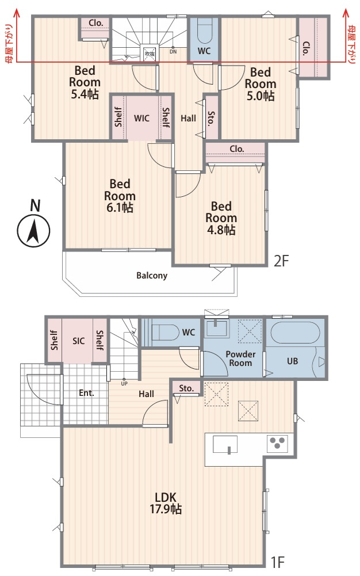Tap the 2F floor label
pos(282,261)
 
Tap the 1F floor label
pos(278,562)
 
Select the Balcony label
pos(152,276)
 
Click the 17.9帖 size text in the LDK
pos(166,509)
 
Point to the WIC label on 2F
pos(141,119)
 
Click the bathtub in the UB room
pos(295,333)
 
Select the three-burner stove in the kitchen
pos(277,444)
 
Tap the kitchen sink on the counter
pos(225,444)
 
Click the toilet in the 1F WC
pos(165,332)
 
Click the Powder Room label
pos(240,358)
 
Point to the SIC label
pos(79,341)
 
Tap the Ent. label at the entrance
pos(87,393)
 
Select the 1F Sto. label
pos(186,388)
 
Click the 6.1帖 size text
pos(120,208)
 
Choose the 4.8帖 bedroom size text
pos(221,230)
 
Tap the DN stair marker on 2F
pos(173,52)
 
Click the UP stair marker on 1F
pos(124,383)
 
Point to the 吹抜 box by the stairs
pos(150,54)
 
